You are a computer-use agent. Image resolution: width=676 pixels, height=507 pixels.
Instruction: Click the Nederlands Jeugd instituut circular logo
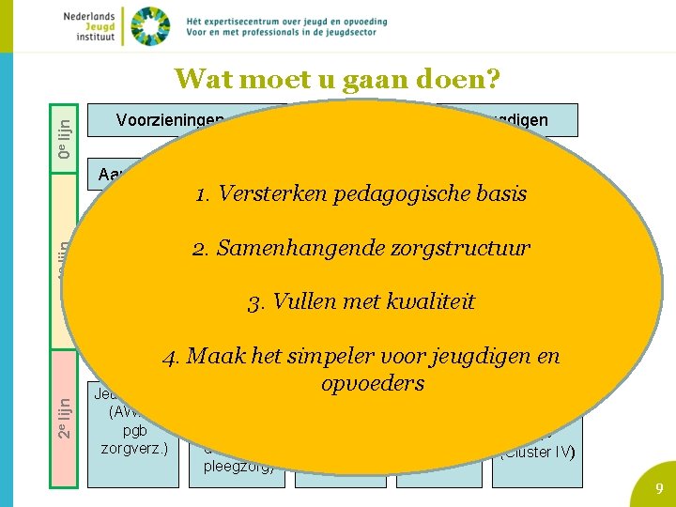point(150,25)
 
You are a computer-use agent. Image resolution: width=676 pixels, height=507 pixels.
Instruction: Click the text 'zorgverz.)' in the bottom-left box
point(133,447)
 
